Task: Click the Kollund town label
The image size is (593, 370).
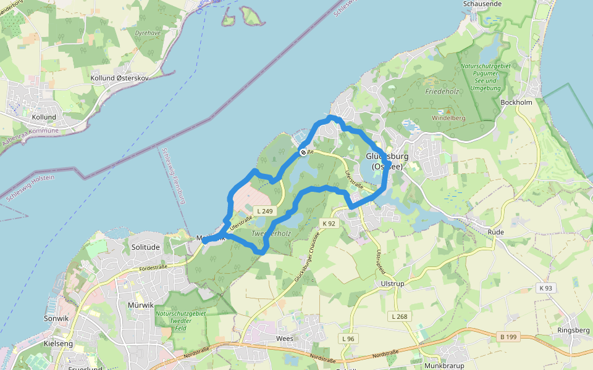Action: pos(44,117)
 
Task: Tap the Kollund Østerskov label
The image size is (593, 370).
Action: pos(120,78)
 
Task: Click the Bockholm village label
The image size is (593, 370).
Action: pos(516,102)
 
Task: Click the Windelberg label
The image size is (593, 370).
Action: pos(448,117)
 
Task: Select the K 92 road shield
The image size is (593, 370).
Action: pos(329,223)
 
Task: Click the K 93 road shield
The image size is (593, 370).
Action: pos(545,288)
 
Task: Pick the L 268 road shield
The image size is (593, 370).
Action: pos(400,316)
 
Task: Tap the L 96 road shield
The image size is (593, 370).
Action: pos(348,339)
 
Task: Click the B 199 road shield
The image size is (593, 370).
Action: pos(507,336)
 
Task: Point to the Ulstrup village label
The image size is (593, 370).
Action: pos(393,283)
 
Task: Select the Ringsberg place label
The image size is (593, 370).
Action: pos(573,330)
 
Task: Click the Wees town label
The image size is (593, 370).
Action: pos(285,339)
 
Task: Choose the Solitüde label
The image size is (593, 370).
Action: pos(146,247)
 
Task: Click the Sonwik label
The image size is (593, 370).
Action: pos(56,318)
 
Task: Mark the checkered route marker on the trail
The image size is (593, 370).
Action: pos(303,152)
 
